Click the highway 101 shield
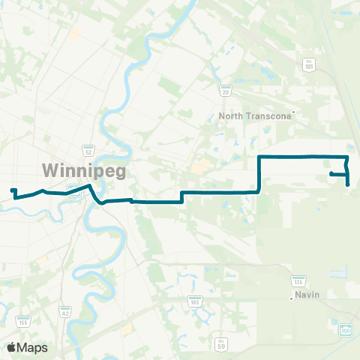[309, 66]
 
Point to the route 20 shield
[224, 89]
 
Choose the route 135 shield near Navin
[298, 281]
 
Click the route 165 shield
[195, 301]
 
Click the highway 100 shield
[345, 330]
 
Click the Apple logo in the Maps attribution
[11, 347]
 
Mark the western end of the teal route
[11, 190]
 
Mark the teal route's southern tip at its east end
[349, 185]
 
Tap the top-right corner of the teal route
[346, 157]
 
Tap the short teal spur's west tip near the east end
[331, 174]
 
